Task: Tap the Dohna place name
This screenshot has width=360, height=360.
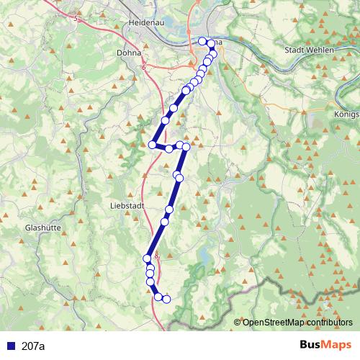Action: click(x=130, y=53)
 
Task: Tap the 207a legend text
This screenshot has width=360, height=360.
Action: click(x=33, y=346)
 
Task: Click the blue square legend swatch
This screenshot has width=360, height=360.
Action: click(x=10, y=346)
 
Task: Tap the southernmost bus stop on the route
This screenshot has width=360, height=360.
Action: click(x=166, y=299)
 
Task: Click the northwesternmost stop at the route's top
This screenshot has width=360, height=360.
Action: click(x=202, y=41)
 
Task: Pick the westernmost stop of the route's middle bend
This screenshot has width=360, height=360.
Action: click(x=152, y=145)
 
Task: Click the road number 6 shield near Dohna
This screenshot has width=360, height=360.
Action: click(x=144, y=68)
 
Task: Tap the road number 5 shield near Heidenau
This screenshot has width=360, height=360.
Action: click(x=76, y=19)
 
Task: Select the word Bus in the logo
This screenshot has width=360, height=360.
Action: click(x=312, y=346)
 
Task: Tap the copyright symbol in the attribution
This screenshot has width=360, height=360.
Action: click(x=237, y=323)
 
